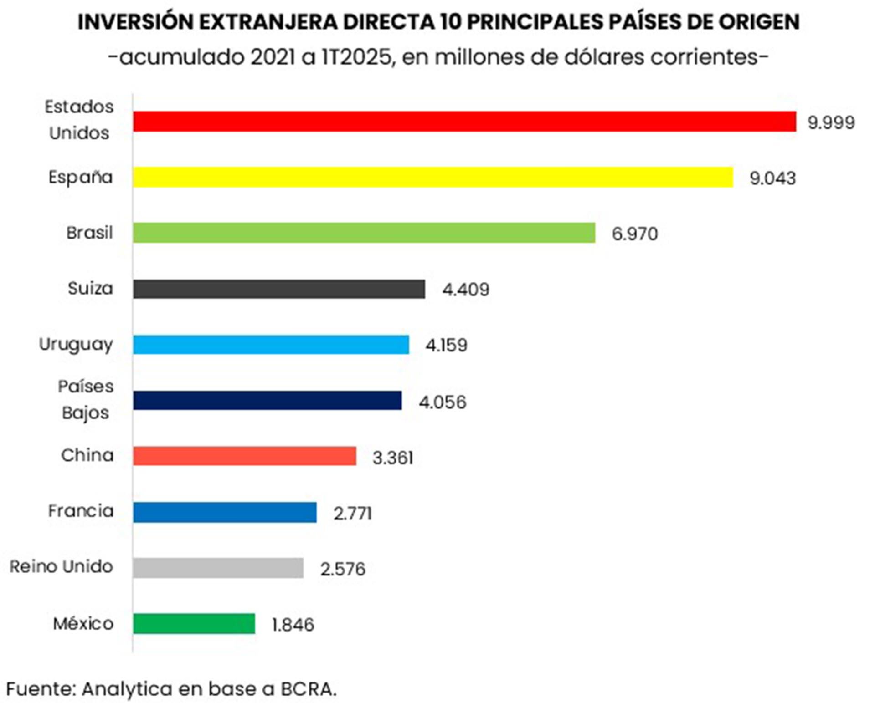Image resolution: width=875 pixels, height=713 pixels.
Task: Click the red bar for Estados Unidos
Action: click(464, 122)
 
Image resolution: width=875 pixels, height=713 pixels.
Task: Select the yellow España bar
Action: click(433, 177)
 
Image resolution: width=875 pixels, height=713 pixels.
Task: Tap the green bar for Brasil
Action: click(364, 233)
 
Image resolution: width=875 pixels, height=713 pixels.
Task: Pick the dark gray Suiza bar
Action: click(279, 289)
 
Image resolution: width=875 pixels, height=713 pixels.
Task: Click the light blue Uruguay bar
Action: click(271, 345)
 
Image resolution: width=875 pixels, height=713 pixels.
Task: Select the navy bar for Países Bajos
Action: click(267, 400)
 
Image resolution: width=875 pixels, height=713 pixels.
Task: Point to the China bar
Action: click(244, 456)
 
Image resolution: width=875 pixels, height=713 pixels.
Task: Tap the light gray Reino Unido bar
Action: click(218, 568)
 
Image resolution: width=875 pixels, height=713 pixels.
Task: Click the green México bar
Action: click(194, 624)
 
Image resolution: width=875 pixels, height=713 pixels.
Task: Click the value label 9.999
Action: click(831, 122)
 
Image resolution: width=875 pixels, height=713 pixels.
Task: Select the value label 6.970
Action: click(634, 234)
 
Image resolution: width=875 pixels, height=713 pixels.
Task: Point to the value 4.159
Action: click(446, 345)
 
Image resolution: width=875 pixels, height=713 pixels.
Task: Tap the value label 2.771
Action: click(352, 514)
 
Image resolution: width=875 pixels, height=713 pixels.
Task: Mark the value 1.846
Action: click(293, 625)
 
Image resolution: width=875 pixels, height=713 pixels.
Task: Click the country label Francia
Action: click(81, 511)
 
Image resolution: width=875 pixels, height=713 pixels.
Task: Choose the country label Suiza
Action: click(90, 288)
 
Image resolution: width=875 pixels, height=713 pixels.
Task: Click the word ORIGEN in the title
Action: click(752, 22)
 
